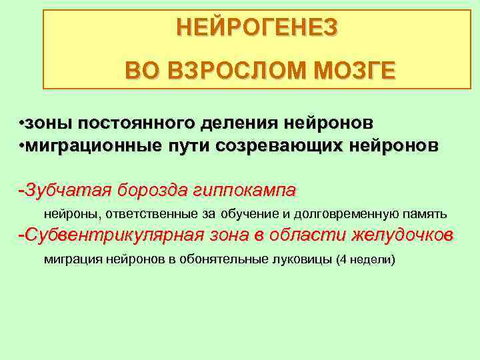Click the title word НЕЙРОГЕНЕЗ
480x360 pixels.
pyautogui.click(x=257, y=28)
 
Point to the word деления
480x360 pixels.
pyautogui.click(x=237, y=123)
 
